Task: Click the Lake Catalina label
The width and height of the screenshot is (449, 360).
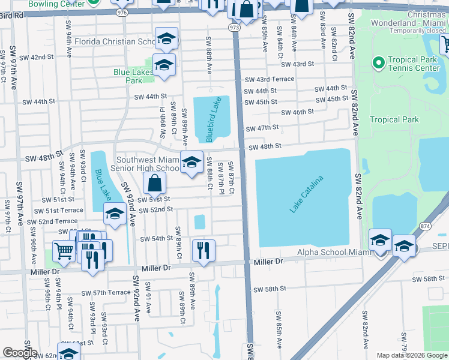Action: point(307,194)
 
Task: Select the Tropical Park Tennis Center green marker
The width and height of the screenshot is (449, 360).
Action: point(378,63)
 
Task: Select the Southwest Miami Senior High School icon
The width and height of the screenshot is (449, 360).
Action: point(191,163)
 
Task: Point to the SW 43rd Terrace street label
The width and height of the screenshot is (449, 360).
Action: point(270,79)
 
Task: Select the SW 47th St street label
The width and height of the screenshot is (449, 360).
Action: point(263,127)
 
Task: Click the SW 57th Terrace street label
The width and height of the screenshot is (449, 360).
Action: point(106,292)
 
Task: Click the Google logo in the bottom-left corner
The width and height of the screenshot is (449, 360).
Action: point(20,353)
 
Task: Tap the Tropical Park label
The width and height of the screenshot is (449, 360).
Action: point(394,119)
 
